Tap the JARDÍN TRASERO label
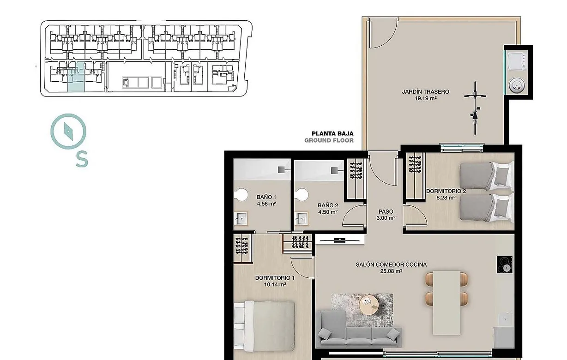coord(425,92)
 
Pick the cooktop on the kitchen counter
coord(506,264)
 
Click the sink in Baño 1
coord(241,219)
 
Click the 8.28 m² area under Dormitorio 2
coord(446,198)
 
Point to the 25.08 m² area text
coord(391,271)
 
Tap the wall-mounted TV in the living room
coord(338,239)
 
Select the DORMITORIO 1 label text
coord(275,278)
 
